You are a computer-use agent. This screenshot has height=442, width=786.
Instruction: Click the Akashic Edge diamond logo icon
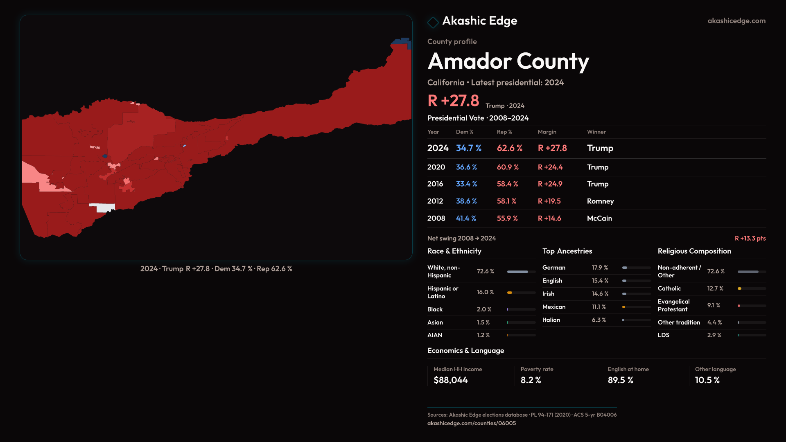coord(433,22)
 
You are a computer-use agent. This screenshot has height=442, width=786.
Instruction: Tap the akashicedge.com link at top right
coord(736,21)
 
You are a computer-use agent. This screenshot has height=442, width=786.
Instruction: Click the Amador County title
coord(508,61)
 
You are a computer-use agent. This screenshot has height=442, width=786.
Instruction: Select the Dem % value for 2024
coord(468,148)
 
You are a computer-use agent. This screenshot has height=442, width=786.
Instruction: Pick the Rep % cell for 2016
coord(507,184)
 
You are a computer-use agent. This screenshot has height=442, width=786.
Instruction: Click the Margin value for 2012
coord(549,201)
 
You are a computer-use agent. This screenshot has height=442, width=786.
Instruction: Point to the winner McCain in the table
coord(599,219)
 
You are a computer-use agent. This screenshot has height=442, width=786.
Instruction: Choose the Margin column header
coord(547,132)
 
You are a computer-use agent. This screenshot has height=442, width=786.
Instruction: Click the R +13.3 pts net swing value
coord(750,238)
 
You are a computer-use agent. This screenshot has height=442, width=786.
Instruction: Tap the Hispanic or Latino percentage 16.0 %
coord(485,292)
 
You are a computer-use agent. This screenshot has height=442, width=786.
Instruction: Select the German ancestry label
coord(553,268)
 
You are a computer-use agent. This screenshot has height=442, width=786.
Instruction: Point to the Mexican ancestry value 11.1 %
coord(599,307)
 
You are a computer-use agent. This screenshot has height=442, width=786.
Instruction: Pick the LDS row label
coord(663,335)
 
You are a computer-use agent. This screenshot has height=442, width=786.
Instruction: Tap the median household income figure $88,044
coord(450,380)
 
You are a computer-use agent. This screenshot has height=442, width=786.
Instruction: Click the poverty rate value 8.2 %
coord(531,380)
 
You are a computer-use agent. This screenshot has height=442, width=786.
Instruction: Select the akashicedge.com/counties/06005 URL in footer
coord(471,423)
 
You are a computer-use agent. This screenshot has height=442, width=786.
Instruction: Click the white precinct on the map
coord(104,207)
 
